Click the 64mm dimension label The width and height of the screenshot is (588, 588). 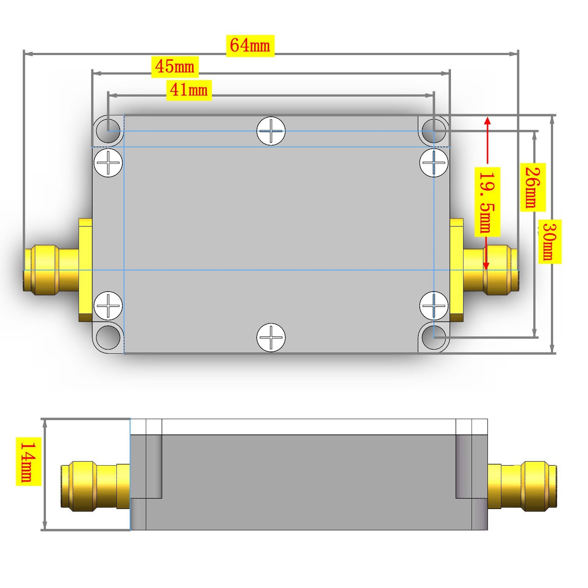pos(250,46)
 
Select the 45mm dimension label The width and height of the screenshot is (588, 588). pos(175,67)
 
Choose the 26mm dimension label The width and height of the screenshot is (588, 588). pos(533,187)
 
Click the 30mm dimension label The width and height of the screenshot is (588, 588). pos(550,241)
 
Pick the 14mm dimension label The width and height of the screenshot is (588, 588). pos(28,461)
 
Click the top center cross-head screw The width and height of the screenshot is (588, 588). pos(271,131)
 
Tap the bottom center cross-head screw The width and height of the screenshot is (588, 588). pos(271,338)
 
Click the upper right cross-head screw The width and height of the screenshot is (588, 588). pos(434,162)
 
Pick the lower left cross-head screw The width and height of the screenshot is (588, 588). pos(108,306)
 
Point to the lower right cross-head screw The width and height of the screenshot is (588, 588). pos(434,306)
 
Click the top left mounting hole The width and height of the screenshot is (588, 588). pos(108,130)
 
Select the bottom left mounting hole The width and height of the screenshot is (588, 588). pos(108,338)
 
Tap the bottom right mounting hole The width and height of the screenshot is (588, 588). pos(434,338)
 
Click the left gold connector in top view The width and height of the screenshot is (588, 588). pos(58,270)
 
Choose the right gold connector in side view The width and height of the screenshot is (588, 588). pos(522,486)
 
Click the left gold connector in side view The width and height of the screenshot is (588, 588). pos(95,486)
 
